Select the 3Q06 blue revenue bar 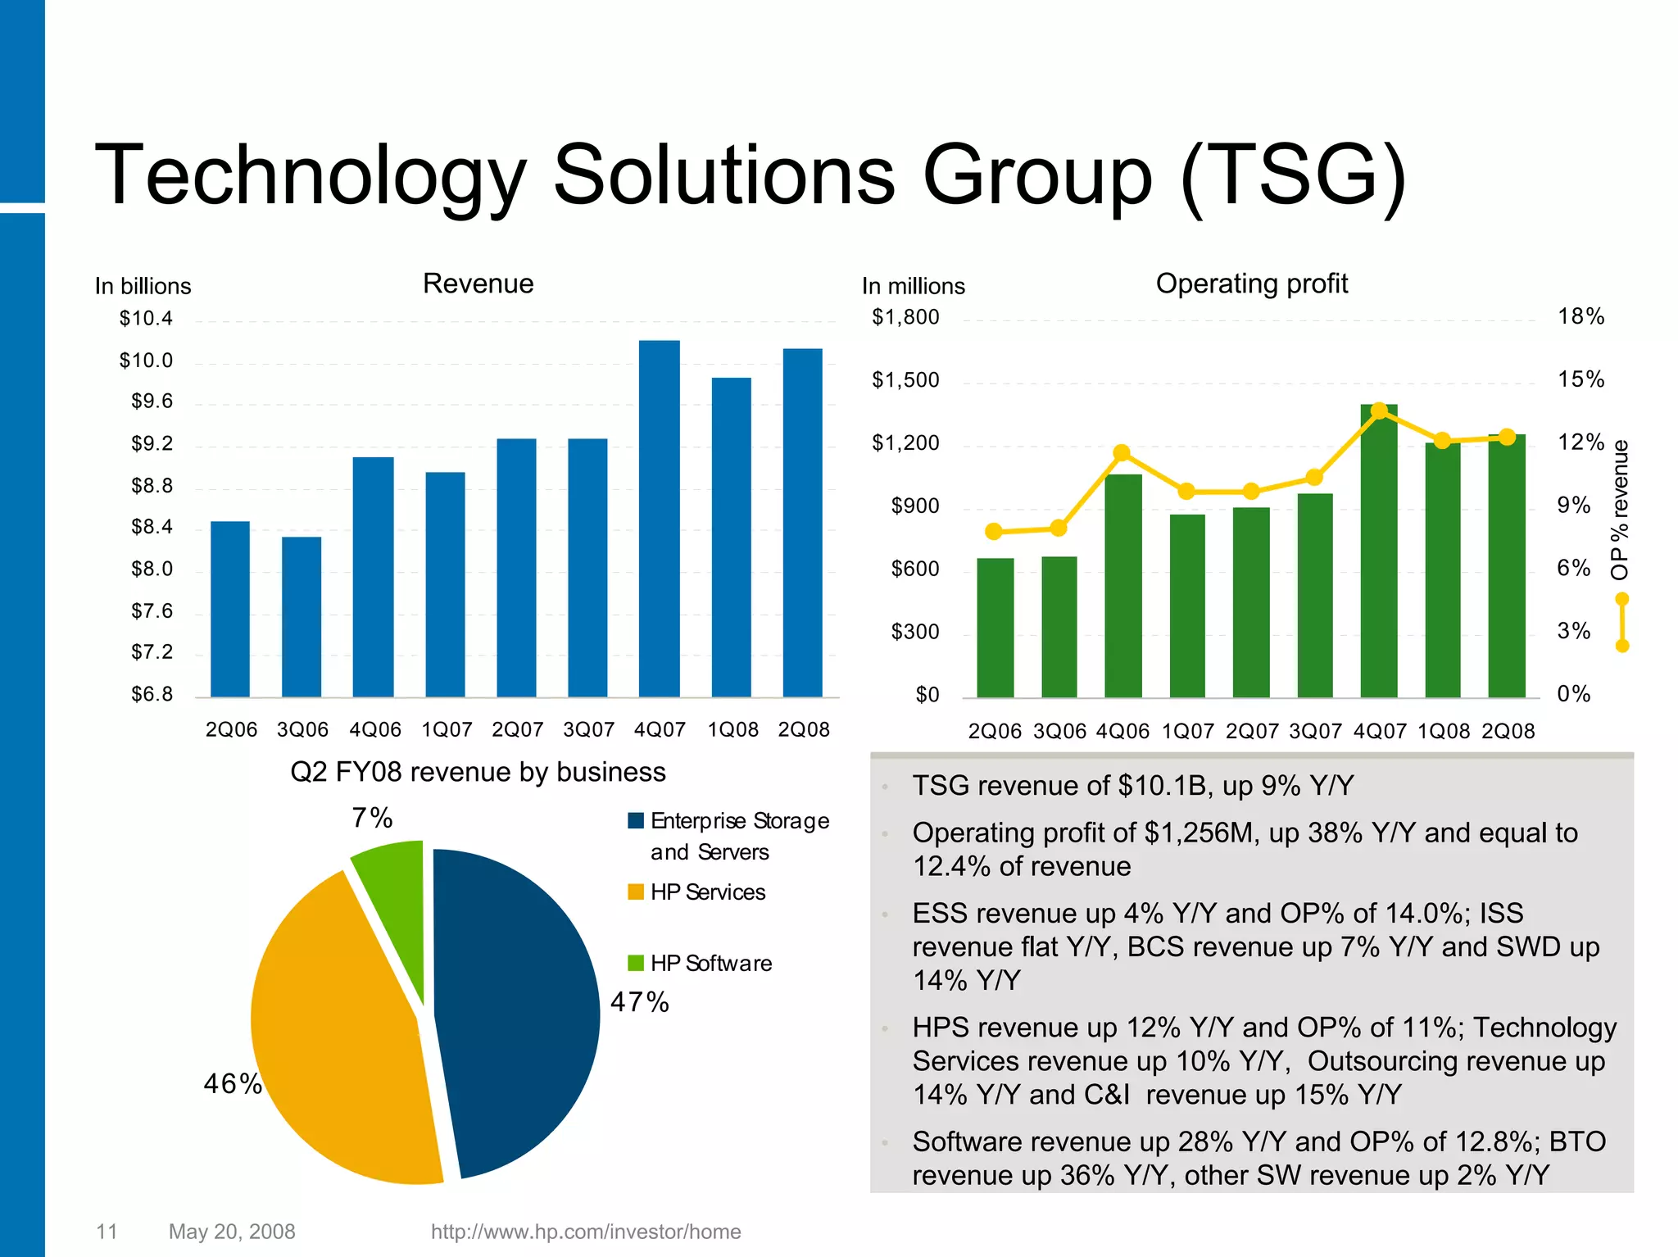click(302, 619)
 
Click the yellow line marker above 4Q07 click(1379, 410)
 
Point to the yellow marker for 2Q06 click(994, 532)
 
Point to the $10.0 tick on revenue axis click(146, 361)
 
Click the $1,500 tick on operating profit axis click(905, 380)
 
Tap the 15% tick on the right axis click(1580, 379)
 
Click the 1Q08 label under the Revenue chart click(732, 729)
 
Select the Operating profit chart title click(1251, 284)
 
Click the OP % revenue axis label click(1620, 510)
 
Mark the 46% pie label click(233, 1084)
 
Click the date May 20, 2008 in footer click(232, 1232)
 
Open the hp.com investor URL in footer click(585, 1232)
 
